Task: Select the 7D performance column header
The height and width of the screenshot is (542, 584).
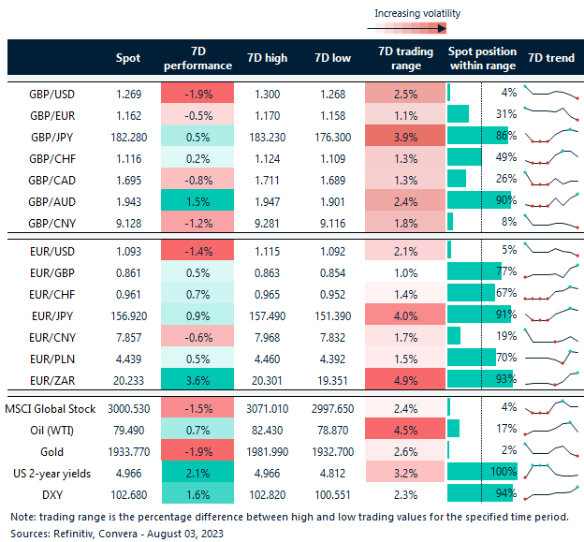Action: click(x=198, y=58)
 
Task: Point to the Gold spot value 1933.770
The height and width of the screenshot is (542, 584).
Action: click(x=126, y=450)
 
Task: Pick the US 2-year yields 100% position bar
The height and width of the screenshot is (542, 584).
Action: click(x=478, y=473)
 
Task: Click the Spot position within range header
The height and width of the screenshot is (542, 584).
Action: click(x=482, y=58)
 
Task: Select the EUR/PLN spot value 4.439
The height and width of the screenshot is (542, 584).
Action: click(x=127, y=356)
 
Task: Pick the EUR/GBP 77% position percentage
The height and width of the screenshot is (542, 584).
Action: click(x=506, y=272)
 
